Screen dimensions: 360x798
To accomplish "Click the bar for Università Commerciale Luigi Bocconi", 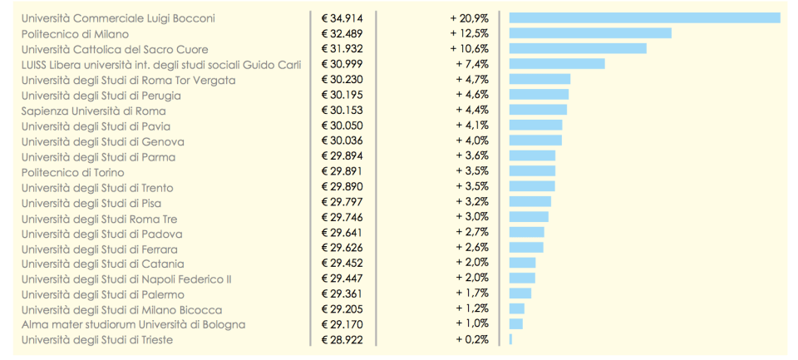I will coord(644,17).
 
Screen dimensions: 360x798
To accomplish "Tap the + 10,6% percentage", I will coord(470,49).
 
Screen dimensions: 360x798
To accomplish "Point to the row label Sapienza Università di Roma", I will coord(94,111).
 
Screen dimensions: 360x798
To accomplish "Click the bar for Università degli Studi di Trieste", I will coord(510,339).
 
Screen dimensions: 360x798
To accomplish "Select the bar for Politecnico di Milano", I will coord(590,33).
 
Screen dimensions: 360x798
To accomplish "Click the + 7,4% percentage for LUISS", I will coord(472,64).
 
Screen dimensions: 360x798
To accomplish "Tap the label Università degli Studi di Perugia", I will coord(101,96).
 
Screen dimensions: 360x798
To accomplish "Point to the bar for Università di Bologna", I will coord(516,323).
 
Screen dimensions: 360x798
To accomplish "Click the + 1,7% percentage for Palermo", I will coord(472,293).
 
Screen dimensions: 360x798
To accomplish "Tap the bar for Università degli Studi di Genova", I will coord(535,141).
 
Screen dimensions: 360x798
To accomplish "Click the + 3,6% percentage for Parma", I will coord(472,155).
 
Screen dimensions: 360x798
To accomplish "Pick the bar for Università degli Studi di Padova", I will coord(527,232).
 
